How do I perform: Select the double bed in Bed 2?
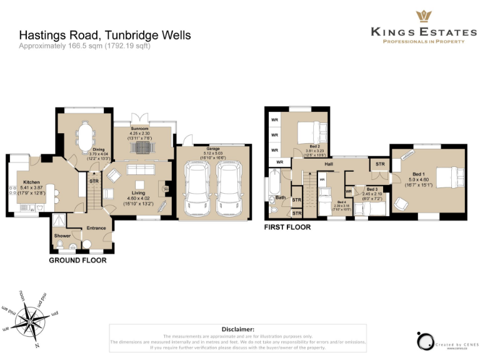tap(309, 132)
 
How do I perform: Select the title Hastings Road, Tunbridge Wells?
tap(104, 36)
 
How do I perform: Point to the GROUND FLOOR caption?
tap(77, 260)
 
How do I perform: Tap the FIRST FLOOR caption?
tap(287, 227)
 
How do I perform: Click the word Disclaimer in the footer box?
tap(237, 329)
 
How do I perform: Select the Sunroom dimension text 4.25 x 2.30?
tap(141, 132)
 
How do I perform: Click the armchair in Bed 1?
tap(400, 202)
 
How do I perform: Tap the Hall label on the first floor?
tap(328, 164)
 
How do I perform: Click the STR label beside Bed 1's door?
tap(379, 164)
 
